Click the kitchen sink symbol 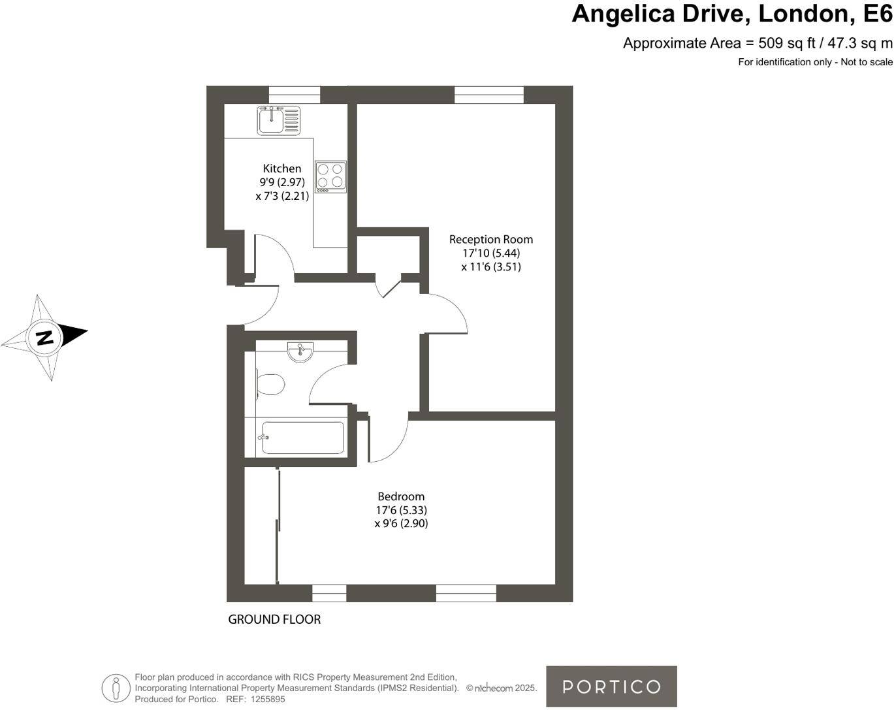[x=278, y=120]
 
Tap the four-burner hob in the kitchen [x=330, y=176]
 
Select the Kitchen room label [x=282, y=169]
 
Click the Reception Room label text [x=490, y=240]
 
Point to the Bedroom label [x=401, y=496]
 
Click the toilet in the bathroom [x=270, y=384]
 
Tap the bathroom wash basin [x=300, y=351]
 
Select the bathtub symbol [x=303, y=438]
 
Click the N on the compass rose [x=44, y=338]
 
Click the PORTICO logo [x=611, y=686]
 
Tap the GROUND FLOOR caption [x=274, y=619]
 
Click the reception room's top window [x=489, y=95]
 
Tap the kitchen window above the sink [x=295, y=95]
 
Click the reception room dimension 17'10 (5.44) [x=491, y=253]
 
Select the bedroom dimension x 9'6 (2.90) [x=401, y=523]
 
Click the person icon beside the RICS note [x=116, y=688]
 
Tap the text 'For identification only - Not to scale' [x=815, y=62]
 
